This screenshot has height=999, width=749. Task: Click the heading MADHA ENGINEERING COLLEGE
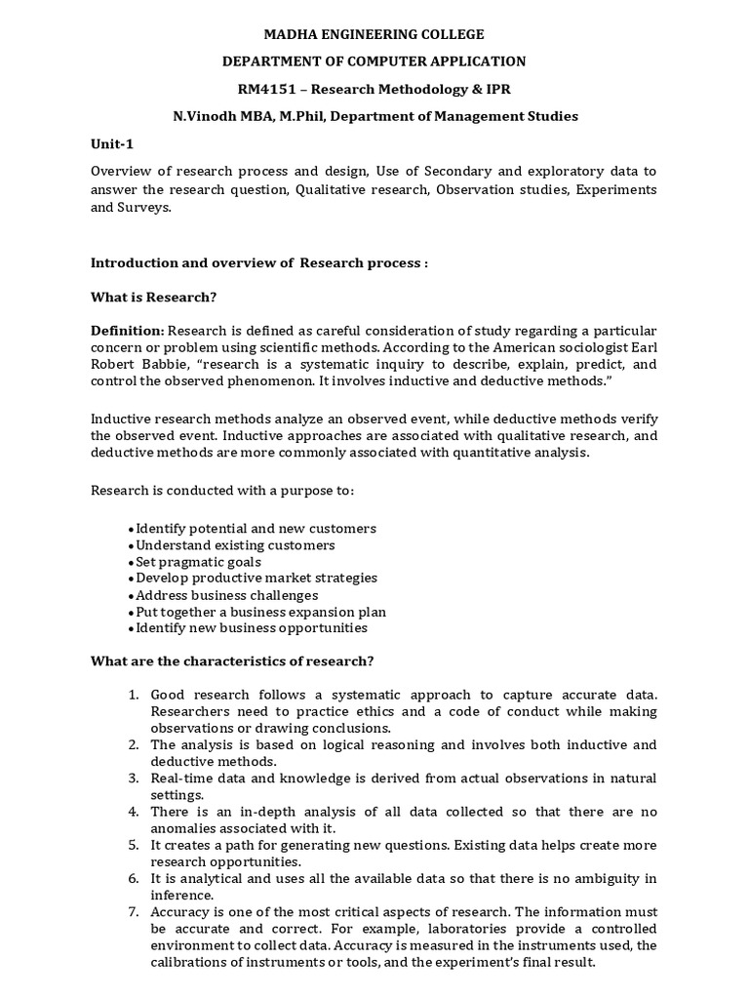click(374, 35)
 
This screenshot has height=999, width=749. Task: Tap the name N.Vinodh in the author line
click(201, 116)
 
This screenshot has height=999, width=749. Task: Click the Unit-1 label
click(111, 143)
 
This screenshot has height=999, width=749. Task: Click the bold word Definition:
click(128, 331)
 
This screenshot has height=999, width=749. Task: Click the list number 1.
click(134, 695)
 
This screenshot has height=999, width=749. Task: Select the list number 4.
click(134, 812)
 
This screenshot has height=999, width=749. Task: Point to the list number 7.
click(134, 911)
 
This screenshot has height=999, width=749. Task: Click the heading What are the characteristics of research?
click(232, 661)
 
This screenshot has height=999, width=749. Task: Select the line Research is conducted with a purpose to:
click(222, 491)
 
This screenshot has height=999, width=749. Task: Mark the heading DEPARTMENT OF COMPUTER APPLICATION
click(374, 61)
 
